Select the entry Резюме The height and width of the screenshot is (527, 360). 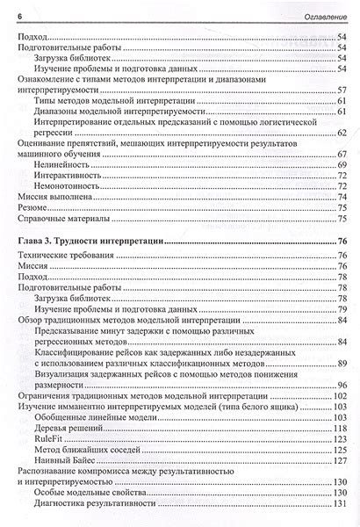(x=33, y=208)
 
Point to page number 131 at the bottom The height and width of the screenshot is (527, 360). (x=339, y=506)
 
